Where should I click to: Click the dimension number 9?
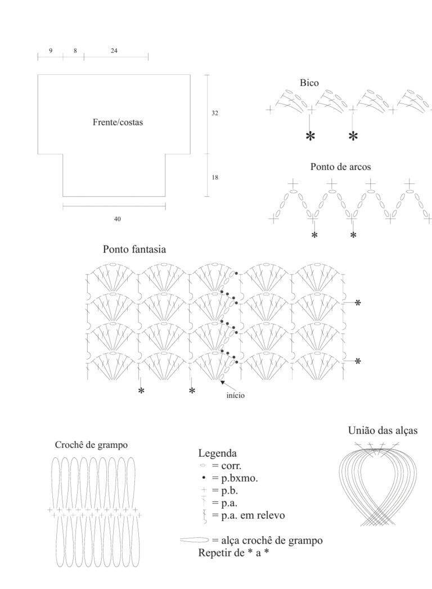51,50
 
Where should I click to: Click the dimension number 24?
114,50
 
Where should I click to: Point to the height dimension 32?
214,113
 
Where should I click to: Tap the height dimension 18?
214,177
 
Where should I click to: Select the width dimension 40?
117,219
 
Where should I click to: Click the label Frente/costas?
118,122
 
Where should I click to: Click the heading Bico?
309,83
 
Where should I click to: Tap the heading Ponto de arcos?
340,167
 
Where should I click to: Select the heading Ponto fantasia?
134,249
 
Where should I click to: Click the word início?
236,395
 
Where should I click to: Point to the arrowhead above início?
223,383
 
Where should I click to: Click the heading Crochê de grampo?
91,445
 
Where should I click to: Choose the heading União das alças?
383,430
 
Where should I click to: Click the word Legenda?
218,453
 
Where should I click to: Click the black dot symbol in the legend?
204,478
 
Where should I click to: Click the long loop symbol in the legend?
194,540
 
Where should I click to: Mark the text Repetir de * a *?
233,552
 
